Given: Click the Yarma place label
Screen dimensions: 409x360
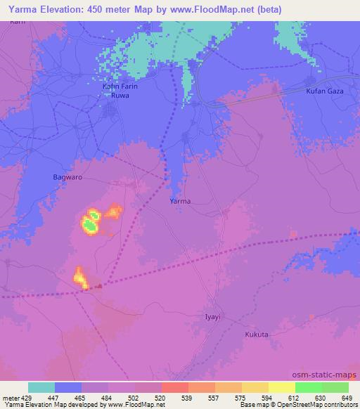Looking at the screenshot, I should point(180,201).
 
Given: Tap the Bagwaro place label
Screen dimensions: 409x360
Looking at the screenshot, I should point(68,178).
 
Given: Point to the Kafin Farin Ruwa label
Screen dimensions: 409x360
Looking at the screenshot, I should point(117,91).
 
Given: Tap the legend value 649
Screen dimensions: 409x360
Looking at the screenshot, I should point(347,397).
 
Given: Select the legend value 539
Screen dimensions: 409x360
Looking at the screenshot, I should point(188,397).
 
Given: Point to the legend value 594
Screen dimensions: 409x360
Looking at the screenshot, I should point(267,397).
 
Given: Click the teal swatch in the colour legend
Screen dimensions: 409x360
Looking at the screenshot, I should point(41,387).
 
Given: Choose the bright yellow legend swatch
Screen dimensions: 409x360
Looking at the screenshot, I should point(282,387).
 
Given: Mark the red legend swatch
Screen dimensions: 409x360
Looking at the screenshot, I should point(175,387).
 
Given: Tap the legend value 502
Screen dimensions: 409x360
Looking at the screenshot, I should point(135,397).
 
